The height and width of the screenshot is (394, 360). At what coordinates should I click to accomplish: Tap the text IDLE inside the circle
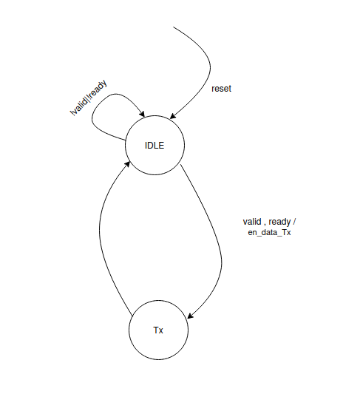click(154, 146)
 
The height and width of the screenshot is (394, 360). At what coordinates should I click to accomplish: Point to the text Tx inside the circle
click(158, 330)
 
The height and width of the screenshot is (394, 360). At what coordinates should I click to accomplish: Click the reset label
click(221, 89)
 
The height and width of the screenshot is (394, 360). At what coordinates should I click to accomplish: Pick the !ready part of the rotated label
click(98, 90)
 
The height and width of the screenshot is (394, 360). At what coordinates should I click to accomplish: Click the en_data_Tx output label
click(269, 232)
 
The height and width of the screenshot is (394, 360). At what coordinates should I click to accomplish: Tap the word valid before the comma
click(252, 222)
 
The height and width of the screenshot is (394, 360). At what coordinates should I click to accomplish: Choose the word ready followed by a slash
click(280, 222)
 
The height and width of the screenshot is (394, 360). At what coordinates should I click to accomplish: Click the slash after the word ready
click(294, 222)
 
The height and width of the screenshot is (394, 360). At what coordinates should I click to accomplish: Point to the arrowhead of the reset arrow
click(172, 116)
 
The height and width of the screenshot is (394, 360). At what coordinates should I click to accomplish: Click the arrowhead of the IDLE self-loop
click(142, 114)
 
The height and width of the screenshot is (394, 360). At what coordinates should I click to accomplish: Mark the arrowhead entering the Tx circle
click(191, 316)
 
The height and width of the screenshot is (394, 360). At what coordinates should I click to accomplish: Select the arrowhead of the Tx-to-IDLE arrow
click(128, 164)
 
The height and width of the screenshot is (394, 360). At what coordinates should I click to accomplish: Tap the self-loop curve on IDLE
click(92, 118)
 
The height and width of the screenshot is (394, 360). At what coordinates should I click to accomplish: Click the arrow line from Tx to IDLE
click(100, 231)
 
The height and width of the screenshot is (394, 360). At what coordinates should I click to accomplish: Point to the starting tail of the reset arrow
click(173, 27)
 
